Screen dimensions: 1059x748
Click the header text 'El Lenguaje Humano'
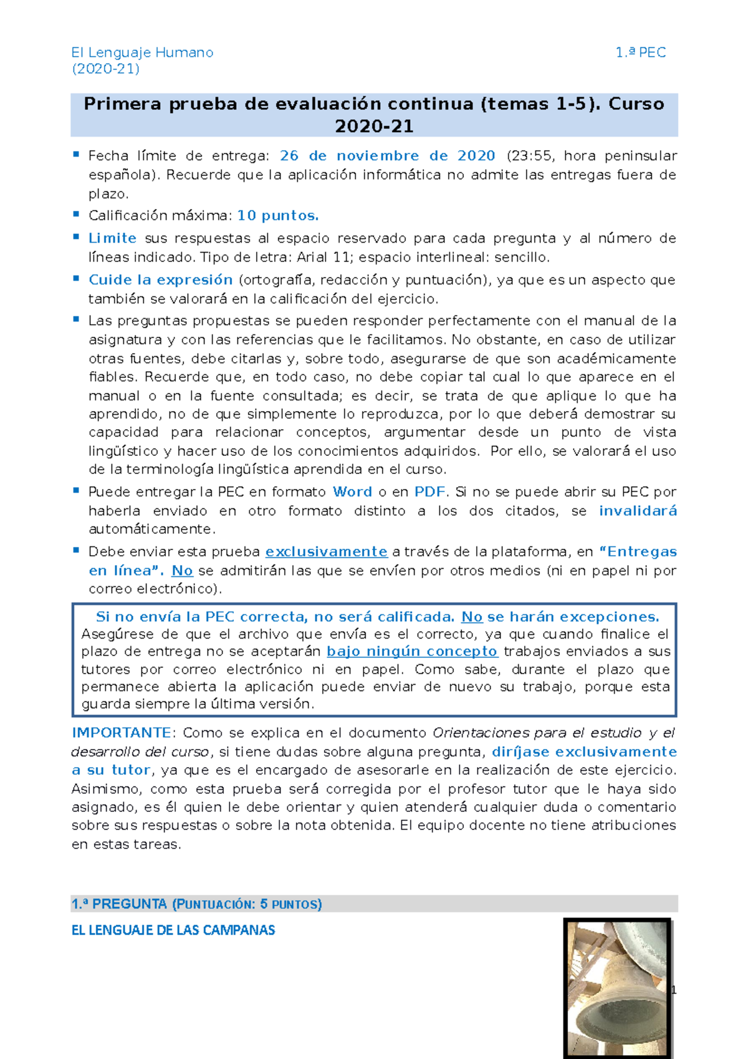pyautogui.click(x=142, y=53)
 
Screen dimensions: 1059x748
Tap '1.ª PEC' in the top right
pyautogui.click(x=641, y=53)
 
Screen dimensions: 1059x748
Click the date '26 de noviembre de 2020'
pyautogui.click(x=387, y=156)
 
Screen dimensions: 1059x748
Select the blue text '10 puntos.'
pyautogui.click(x=278, y=216)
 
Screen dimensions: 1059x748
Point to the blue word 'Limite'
pyautogui.click(x=112, y=238)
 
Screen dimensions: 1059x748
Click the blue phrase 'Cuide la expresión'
pyautogui.click(x=160, y=280)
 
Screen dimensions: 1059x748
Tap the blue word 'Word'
pyautogui.click(x=352, y=492)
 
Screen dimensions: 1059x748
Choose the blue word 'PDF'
pyautogui.click(x=429, y=492)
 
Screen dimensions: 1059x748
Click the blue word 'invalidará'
pyautogui.click(x=638, y=511)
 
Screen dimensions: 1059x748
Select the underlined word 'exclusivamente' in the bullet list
pyautogui.click(x=326, y=552)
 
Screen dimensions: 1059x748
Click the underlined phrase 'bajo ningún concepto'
pyautogui.click(x=412, y=652)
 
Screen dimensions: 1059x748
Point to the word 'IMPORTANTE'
pyautogui.click(x=121, y=733)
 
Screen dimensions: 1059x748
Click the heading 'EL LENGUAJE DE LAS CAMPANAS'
pyautogui.click(x=173, y=931)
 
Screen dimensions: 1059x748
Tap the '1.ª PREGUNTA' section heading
pyautogui.click(x=119, y=904)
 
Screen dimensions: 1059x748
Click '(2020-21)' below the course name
pyautogui.click(x=105, y=69)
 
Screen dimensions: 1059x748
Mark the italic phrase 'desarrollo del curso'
pyautogui.click(x=140, y=752)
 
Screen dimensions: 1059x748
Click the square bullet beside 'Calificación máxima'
pyautogui.click(x=76, y=215)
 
